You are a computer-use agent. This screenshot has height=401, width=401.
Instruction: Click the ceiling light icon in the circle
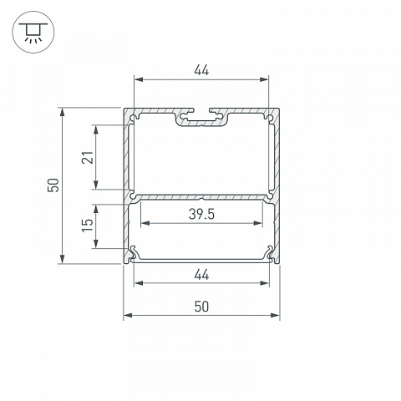[33, 33]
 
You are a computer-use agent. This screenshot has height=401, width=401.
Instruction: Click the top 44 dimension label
[201, 70]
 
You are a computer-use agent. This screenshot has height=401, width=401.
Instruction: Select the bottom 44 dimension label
[201, 275]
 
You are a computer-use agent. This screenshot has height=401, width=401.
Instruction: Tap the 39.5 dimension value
[201, 214]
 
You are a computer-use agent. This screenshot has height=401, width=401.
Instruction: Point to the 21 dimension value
[87, 157]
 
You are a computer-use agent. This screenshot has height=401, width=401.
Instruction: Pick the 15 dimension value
[87, 225]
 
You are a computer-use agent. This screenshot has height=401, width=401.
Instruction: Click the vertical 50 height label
[53, 185]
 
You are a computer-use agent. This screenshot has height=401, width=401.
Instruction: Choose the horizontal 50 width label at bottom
[201, 307]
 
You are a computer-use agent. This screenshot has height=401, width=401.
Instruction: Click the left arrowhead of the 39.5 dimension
[145, 223]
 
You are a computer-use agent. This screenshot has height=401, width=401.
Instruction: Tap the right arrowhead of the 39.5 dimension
[257, 223]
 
